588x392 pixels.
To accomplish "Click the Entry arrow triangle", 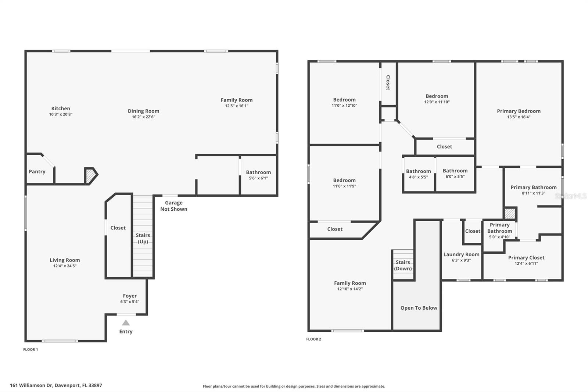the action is (x=126, y=322).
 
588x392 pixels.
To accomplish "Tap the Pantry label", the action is (x=37, y=172).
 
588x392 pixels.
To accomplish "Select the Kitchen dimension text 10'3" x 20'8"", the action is (x=61, y=114).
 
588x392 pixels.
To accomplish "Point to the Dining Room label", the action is (x=143, y=111).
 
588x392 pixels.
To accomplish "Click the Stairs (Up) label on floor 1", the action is (x=143, y=238).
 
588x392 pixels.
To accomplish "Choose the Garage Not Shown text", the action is (x=174, y=206).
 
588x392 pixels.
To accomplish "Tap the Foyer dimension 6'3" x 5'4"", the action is (x=130, y=302).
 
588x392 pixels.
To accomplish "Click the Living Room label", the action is (x=65, y=260).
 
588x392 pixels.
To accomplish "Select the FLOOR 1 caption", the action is (x=31, y=349).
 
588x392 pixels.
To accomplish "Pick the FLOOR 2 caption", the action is (x=314, y=339).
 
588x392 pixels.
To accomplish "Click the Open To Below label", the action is (x=419, y=308).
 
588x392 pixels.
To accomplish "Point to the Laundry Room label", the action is (x=461, y=254).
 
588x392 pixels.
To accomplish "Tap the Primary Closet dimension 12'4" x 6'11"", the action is (x=526, y=263).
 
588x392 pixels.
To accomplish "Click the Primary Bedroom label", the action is (x=519, y=111).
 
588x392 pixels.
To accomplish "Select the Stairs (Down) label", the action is (x=403, y=266).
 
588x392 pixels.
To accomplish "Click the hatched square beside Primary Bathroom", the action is (x=510, y=213).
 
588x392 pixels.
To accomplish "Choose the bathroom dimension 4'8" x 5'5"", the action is (x=419, y=177).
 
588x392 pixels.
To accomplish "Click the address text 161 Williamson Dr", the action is (x=32, y=385).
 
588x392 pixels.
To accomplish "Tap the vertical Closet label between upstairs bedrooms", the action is (x=388, y=82).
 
